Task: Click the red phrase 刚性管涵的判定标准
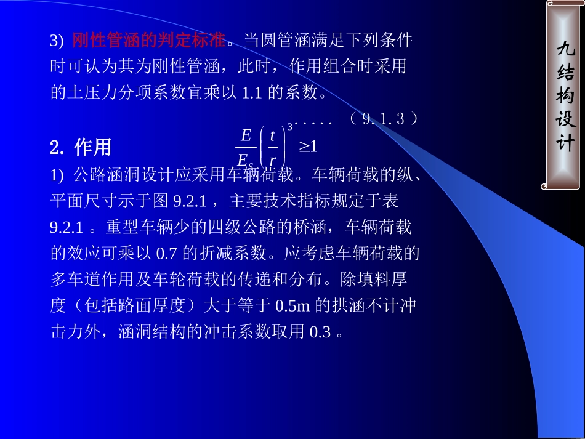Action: tap(148, 41)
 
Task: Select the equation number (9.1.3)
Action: tap(383, 119)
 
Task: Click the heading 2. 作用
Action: tap(81, 148)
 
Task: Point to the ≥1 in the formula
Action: tap(308, 147)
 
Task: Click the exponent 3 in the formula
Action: tap(290, 127)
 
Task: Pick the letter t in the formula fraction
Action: tap(272, 135)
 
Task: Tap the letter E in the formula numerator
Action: tap(246, 135)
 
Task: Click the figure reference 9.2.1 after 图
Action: tap(197, 201)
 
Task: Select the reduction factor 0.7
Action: tap(167, 253)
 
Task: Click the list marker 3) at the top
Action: tap(57, 41)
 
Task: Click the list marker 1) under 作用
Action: tap(57, 175)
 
